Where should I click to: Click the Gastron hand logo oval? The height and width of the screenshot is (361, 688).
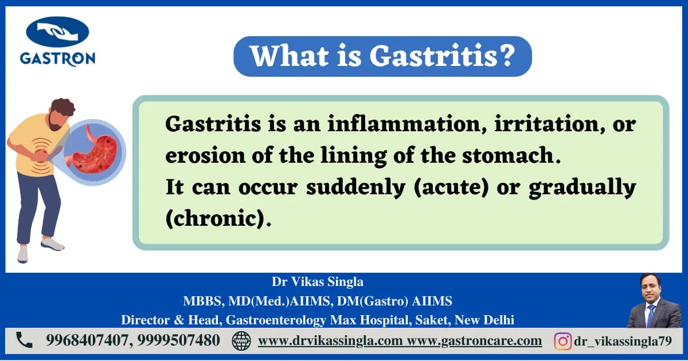57,32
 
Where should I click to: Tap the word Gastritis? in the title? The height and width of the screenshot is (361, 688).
441,56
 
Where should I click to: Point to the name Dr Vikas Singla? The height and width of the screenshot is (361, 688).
317,282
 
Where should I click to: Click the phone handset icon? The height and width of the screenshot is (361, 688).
24,340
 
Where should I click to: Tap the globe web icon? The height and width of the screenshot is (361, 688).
241,341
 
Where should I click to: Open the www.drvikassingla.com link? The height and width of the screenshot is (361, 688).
330,341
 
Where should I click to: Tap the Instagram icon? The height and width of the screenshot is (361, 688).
562,341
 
